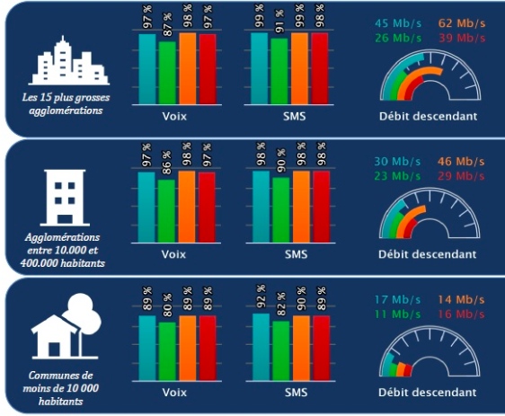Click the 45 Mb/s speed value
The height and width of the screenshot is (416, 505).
[x=398, y=23]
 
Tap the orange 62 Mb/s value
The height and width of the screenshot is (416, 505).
[x=462, y=23]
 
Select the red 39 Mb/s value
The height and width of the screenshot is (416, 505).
[x=462, y=38]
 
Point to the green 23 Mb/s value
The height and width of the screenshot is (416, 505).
[x=397, y=176]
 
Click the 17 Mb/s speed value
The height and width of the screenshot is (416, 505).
[x=397, y=300]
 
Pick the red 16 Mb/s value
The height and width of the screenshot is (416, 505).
[x=461, y=314]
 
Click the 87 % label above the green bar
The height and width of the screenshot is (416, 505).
[x=167, y=25]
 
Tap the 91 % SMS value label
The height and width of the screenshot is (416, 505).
[x=279, y=22]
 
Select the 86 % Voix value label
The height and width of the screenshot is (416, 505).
[x=166, y=163]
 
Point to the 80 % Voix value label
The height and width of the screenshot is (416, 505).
[x=167, y=305]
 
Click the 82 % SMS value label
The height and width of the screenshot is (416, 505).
[x=281, y=305]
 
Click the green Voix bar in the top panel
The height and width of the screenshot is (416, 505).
[x=167, y=73]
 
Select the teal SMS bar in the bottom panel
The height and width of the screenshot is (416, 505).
[x=261, y=347]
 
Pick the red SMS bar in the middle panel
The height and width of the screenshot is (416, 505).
[x=321, y=207]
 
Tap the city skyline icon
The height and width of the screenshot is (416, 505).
[x=69, y=60]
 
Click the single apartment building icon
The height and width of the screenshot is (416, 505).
[x=65, y=198]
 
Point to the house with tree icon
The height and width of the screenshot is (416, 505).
[x=66, y=326]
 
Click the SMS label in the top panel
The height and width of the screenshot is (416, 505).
[x=295, y=116]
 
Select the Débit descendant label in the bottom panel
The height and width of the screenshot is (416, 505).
[x=428, y=393]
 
